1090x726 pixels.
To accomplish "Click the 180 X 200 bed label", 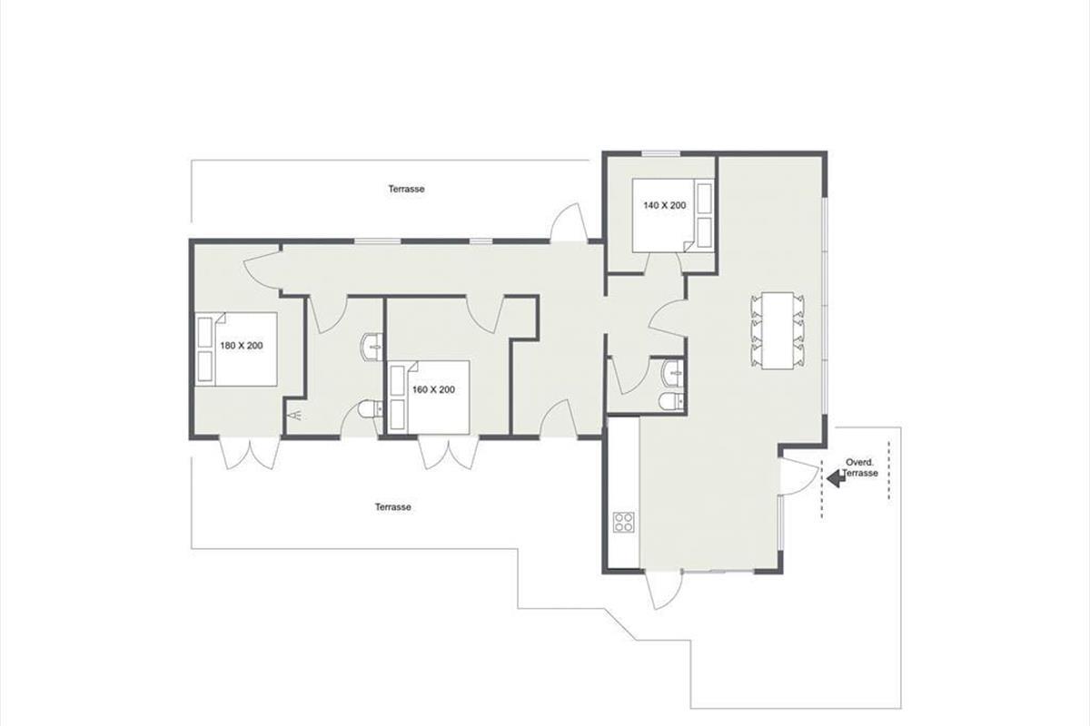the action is (242, 346).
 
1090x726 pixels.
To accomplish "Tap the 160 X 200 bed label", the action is (433, 389).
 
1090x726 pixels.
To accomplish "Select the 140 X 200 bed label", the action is (665, 205).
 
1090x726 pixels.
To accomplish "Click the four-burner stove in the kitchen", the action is (624, 522).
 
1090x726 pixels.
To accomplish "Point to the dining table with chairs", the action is (778, 330).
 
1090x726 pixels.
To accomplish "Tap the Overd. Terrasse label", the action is (860, 467).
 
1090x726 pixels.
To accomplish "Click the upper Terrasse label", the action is (406, 189).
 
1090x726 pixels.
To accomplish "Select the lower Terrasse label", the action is (393, 506).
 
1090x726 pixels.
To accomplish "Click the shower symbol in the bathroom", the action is (295, 415).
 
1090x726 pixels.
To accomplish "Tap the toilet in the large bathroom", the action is (371, 409).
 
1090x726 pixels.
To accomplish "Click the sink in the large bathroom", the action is (372, 348).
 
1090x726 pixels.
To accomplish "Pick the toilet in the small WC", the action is (671, 401).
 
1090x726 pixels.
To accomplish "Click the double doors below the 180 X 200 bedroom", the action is (250, 453).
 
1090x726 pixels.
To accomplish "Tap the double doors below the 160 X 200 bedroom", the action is (449, 453).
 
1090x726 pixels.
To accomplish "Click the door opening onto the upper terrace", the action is (570, 222).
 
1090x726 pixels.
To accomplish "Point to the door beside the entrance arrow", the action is (799, 478).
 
